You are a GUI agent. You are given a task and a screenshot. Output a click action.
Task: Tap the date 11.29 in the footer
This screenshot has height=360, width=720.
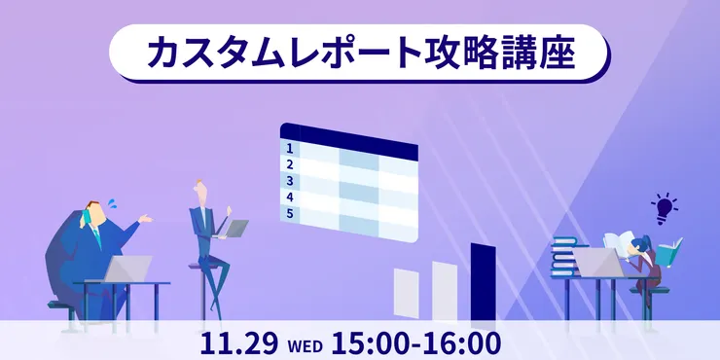[x=239, y=343]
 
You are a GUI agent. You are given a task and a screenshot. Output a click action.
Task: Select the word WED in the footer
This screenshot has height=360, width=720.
[x=305, y=345]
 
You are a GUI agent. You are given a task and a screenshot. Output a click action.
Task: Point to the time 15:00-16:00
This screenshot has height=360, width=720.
[x=415, y=343]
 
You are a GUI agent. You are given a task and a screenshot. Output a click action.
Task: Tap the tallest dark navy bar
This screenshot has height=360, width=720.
[x=483, y=281]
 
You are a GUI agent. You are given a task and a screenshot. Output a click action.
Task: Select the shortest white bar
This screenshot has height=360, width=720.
[x=406, y=294]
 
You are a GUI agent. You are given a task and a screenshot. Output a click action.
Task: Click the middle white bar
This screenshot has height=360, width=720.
[x=445, y=290]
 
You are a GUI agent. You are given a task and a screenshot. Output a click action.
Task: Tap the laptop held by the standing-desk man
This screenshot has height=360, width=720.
[x=235, y=229]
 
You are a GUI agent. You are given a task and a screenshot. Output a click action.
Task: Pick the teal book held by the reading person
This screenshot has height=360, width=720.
[x=668, y=252]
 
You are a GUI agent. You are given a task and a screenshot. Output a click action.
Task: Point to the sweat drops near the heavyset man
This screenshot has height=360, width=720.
[x=113, y=203]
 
